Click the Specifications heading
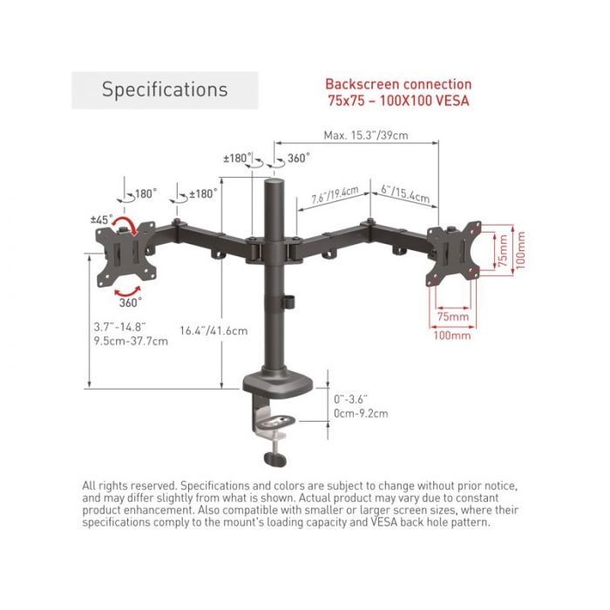click(x=165, y=90)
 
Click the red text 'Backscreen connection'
click(x=398, y=84)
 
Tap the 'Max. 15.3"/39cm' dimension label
click(x=366, y=135)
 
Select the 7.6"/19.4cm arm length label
click(x=335, y=194)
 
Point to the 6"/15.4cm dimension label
click(x=405, y=194)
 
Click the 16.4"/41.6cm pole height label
click(x=213, y=330)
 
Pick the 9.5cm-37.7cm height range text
click(x=131, y=342)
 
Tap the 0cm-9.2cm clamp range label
click(x=361, y=413)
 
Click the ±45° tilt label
click(x=102, y=220)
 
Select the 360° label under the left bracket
click(x=131, y=302)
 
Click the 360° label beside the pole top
click(x=299, y=158)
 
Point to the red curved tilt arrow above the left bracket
click(x=125, y=224)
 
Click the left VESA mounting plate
click(x=126, y=254)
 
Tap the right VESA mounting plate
click(x=454, y=254)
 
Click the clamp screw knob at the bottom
click(x=275, y=459)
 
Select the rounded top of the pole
click(x=274, y=182)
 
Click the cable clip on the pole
click(x=288, y=302)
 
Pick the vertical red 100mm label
click(x=521, y=250)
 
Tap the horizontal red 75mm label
click(x=453, y=316)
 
